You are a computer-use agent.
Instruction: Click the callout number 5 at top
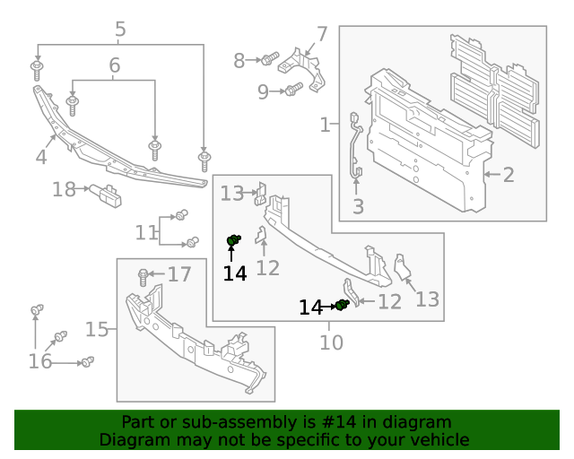(120, 30)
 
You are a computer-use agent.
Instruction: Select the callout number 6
(114, 65)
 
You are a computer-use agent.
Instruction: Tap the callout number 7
(321, 35)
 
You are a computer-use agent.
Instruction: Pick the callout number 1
(326, 125)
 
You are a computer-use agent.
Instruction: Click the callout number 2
(509, 174)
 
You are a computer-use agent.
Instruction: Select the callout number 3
(358, 208)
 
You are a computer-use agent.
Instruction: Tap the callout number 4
(41, 158)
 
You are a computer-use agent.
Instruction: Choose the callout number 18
(64, 189)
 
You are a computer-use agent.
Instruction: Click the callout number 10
(331, 342)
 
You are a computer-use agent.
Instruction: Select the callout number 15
(97, 330)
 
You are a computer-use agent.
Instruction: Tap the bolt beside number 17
(143, 274)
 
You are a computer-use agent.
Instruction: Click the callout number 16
(40, 360)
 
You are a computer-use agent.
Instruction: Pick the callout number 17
(179, 274)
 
